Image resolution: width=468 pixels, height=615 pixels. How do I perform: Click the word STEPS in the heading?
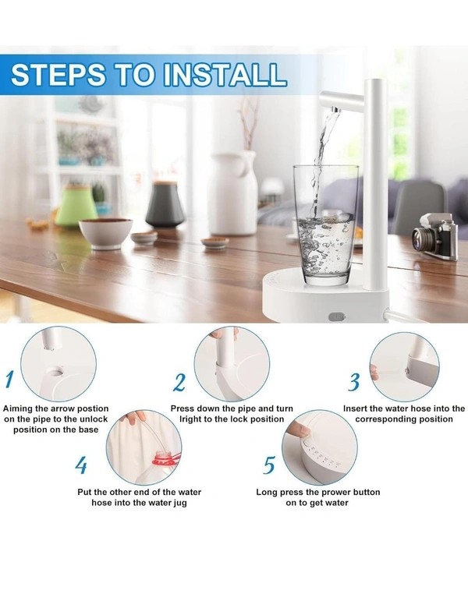pyautogui.click(x=59, y=74)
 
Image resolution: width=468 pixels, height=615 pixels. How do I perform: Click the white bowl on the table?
pyautogui.click(x=105, y=232)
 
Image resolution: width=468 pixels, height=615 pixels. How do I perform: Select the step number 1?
pyautogui.click(x=10, y=380)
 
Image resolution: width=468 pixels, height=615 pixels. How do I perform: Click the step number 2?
pyautogui.click(x=179, y=383)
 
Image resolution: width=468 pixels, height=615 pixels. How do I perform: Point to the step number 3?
pyautogui.click(x=354, y=382)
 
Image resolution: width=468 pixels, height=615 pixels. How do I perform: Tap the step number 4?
pyautogui.click(x=82, y=465)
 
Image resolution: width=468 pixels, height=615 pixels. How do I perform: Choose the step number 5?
pyautogui.click(x=269, y=465)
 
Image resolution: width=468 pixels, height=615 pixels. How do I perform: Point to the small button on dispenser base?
pyautogui.click(x=335, y=316)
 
